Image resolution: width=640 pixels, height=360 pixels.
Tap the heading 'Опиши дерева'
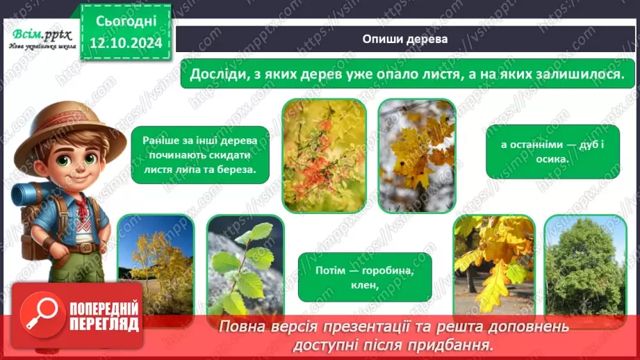[x=404, y=40]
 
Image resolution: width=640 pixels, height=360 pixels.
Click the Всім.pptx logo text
[x=40, y=34]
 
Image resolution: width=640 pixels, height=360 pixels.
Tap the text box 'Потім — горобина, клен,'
[x=365, y=277]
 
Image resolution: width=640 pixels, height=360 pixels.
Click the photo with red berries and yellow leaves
[x=325, y=154]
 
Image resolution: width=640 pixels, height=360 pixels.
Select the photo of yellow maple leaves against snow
[x=417, y=154]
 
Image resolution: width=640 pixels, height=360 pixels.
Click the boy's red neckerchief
[x=82, y=205]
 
